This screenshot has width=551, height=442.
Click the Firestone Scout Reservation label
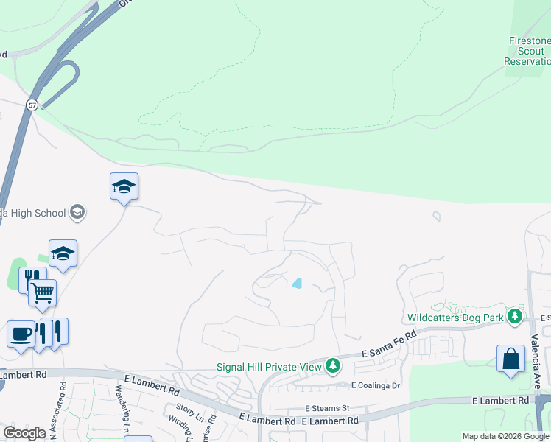click(527, 51)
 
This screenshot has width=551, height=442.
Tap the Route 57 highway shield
click(32, 105)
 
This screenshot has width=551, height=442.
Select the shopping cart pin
click(43, 293)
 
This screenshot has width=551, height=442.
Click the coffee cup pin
click(21, 333)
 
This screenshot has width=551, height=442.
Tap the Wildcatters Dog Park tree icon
click(515, 318)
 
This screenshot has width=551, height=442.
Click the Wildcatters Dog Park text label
click(455, 318)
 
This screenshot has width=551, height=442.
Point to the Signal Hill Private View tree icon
click(333, 365)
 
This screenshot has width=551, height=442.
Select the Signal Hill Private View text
click(269, 366)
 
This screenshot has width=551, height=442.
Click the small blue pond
click(298, 283)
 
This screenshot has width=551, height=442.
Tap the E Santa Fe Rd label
click(390, 344)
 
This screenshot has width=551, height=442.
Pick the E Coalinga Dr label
click(375, 385)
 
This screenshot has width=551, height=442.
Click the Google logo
click(25, 433)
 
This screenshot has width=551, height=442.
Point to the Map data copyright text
click(505, 436)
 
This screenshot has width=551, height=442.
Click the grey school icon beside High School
click(77, 213)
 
